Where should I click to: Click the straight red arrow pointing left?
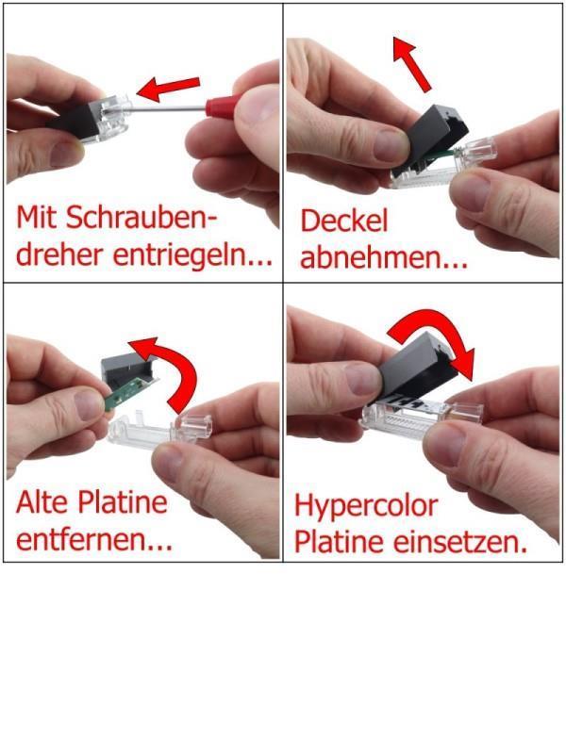[168, 89]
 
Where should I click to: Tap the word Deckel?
[343, 221]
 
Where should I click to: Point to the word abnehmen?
[384, 257]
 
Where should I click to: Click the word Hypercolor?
[366, 507]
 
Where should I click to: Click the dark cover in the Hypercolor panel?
[418, 368]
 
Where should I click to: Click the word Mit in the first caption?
[38, 218]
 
